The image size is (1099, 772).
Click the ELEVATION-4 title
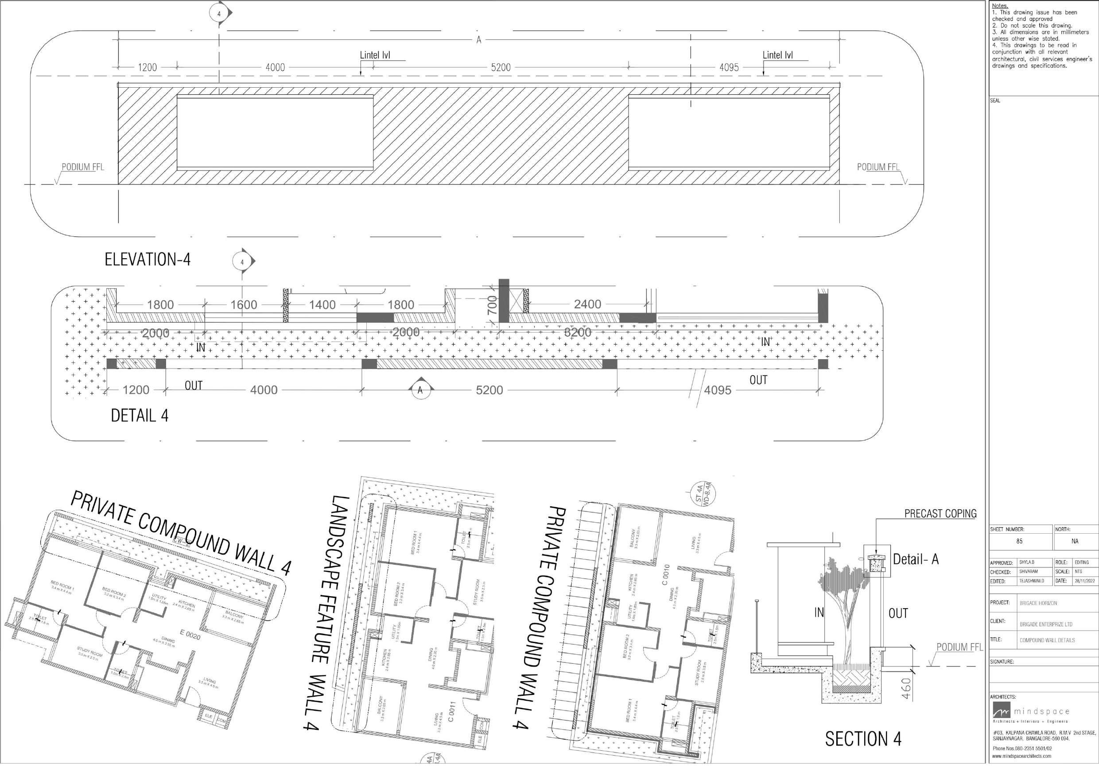148,260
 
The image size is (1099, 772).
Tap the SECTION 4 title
863,739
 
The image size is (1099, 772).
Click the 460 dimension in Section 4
906,688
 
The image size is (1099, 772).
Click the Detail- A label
916,559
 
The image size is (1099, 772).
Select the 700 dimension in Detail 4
492,305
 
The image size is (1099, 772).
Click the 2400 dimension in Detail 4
587,304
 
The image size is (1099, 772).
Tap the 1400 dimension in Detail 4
322,305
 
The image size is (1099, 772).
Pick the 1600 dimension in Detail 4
244,305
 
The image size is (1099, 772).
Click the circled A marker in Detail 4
420,390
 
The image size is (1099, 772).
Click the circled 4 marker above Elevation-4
219,14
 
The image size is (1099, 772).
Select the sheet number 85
1020,541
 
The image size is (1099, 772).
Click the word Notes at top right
999,6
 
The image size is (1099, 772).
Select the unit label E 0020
190,636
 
